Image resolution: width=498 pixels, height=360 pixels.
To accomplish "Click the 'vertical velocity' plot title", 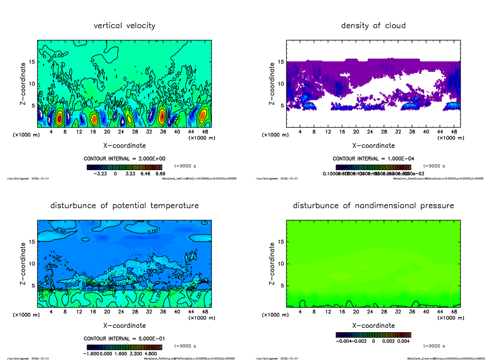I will click(x=124, y=26).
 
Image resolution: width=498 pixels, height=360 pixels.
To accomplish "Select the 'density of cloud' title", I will click(x=373, y=26).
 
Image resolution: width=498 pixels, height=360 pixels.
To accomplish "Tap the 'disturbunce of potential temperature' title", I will click(x=124, y=206).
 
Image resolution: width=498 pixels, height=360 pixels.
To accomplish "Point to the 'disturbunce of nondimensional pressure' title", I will click(x=373, y=206).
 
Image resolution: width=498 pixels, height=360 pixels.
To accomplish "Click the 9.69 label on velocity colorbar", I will click(x=160, y=174).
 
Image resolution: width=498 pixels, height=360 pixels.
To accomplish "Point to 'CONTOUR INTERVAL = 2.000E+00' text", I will click(x=124, y=159).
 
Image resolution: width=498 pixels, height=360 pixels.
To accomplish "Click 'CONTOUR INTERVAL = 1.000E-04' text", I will click(x=373, y=159).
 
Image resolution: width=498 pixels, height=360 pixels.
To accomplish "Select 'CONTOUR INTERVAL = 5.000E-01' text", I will click(x=124, y=338).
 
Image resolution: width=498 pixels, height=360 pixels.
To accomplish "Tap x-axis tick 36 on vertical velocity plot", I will click(x=163, y=132).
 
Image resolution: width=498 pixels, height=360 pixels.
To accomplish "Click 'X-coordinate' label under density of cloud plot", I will click(x=373, y=146).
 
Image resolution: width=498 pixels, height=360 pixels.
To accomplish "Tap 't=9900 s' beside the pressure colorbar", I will click(x=434, y=345).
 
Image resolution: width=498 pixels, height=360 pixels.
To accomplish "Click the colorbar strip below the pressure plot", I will click(x=373, y=334).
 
